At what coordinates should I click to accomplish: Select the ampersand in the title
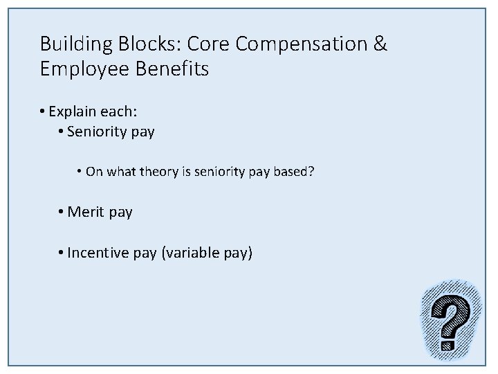coord(380,44)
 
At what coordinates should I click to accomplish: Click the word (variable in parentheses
coord(191,253)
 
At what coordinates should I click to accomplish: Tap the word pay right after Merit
coord(120,213)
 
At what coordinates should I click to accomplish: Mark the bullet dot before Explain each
coord(43,111)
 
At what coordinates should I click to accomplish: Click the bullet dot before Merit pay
coord(62,212)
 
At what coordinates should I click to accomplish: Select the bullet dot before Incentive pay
coord(62,253)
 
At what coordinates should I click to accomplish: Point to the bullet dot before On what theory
coord(80,171)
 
